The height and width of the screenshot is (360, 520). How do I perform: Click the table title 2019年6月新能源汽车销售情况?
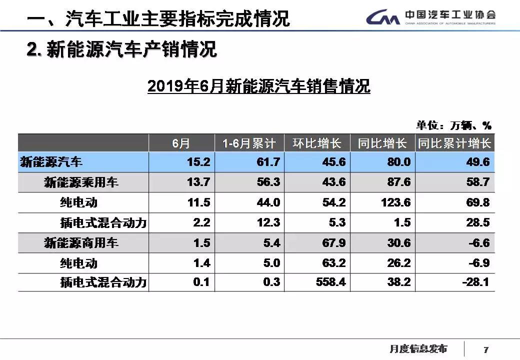coord(258,86)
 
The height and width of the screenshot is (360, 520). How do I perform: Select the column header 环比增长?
coord(317,143)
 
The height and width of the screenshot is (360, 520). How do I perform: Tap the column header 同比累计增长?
coord(454,143)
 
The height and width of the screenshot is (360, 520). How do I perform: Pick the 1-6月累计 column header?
coord(249,143)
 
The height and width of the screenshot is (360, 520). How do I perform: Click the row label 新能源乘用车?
coord(81,182)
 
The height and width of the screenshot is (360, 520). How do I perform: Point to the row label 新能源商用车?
coord(81,243)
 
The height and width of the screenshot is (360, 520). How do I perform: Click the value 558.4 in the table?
coord(331,282)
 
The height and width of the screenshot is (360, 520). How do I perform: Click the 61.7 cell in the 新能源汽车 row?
coord(268,162)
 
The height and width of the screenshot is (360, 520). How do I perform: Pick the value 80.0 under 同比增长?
coord(398,162)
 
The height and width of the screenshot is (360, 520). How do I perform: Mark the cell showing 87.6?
coord(398,182)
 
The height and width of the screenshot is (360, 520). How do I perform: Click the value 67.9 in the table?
coord(334,243)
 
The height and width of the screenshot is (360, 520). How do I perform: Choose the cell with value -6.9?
coord(478,263)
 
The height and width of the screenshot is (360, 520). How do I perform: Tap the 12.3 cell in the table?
coord(268,222)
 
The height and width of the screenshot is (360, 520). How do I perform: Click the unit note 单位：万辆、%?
coord(454,125)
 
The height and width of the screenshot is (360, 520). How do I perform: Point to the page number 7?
coord(486,349)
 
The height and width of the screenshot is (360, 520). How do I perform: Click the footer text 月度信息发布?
coord(418,348)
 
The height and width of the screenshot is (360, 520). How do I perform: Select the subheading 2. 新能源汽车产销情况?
coord(121,50)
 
